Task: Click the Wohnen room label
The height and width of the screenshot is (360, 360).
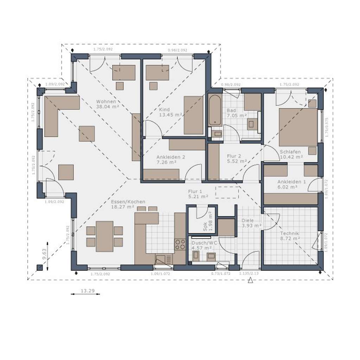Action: [106, 102]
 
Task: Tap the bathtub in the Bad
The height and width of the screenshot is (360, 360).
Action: [215, 109]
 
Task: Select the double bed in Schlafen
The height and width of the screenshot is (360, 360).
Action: [298, 127]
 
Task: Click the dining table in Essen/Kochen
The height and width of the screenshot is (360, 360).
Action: [104, 236]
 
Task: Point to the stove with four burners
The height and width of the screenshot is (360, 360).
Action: [180, 244]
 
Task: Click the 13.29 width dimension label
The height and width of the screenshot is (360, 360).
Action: [85, 290]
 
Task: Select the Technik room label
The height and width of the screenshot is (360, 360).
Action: [290, 233]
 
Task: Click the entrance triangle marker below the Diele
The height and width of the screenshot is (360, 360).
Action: [250, 280]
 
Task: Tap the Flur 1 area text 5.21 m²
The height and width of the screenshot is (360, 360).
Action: [198, 197]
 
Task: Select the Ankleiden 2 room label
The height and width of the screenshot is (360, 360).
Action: [171, 157]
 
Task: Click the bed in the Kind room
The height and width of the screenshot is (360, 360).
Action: [193, 115]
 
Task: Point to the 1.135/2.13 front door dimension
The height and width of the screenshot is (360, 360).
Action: [249, 273]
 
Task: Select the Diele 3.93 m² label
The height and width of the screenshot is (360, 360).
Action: [251, 223]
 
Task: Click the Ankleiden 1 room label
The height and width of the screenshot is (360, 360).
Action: [291, 182]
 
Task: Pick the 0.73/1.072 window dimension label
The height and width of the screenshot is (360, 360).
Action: [220, 273]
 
